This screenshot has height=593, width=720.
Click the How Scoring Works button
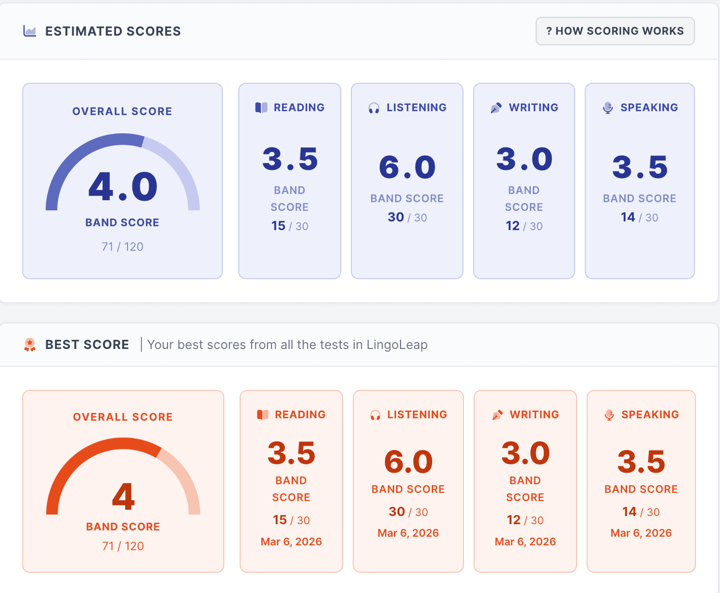(x=615, y=31)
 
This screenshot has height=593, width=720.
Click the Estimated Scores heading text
(x=113, y=31)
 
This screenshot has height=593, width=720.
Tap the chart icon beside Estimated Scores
(x=30, y=31)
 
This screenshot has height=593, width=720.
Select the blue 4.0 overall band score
(x=123, y=187)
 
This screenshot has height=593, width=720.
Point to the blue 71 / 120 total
(x=122, y=247)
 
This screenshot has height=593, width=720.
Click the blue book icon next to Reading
(x=261, y=108)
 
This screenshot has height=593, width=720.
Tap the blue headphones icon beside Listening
(x=374, y=108)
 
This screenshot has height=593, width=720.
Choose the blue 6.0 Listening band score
(x=407, y=168)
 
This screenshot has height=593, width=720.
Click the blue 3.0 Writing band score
(x=524, y=159)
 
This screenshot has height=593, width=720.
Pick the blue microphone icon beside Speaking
(x=608, y=108)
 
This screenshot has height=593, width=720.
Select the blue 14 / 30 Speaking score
(x=639, y=218)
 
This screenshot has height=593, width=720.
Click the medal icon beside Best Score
(x=30, y=345)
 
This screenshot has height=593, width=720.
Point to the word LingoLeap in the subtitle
(x=397, y=345)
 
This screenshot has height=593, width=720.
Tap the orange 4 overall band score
(x=123, y=497)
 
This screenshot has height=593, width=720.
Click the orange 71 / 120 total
(x=123, y=546)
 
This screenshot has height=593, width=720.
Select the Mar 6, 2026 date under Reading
(x=291, y=542)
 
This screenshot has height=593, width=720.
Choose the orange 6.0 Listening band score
(x=408, y=462)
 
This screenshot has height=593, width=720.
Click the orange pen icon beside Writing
(x=497, y=415)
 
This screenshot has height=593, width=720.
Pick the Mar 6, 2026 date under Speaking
(x=641, y=533)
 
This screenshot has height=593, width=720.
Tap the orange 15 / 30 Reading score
(x=291, y=520)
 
